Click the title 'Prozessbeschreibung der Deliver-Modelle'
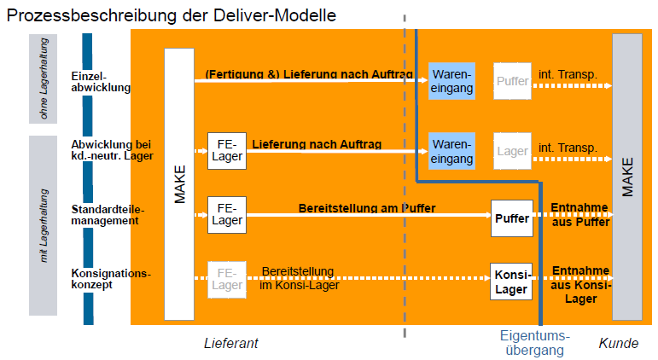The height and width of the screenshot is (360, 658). (171, 15)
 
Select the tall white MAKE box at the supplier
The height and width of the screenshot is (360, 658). (179, 183)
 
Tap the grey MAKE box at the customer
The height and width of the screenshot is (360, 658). (627, 177)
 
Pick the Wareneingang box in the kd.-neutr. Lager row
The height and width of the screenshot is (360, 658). (451, 151)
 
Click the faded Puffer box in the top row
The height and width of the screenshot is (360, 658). (512, 81)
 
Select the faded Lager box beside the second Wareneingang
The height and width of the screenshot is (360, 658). (512, 151)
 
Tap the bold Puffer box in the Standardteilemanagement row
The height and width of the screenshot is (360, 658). (511, 218)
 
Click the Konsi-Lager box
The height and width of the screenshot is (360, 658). (511, 281)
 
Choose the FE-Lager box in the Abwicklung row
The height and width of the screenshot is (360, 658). (227, 151)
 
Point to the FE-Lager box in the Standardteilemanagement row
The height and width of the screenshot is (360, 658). (227, 214)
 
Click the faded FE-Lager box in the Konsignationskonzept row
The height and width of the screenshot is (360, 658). (227, 279)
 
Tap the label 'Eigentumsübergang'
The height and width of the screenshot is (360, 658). (534, 342)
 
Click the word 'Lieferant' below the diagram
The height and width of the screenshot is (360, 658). (230, 343)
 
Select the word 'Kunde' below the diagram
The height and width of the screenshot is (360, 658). (618, 343)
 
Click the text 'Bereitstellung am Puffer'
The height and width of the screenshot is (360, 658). (367, 208)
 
